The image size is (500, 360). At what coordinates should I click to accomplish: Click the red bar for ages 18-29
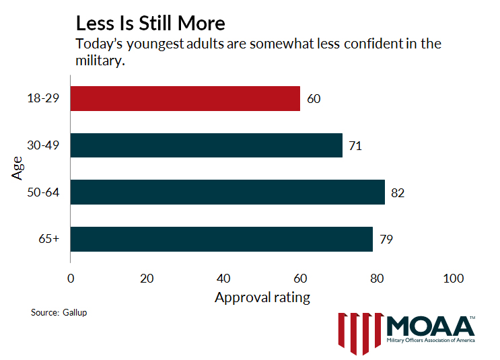point(185,98)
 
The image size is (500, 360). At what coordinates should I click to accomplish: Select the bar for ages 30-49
point(206,145)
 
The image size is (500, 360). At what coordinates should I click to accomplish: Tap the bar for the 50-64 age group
point(227,192)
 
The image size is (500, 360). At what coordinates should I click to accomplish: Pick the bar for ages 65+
point(221,239)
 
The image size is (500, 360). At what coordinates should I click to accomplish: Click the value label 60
point(314,99)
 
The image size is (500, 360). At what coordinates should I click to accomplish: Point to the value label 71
point(355,145)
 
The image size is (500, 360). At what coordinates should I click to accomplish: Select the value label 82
point(398,192)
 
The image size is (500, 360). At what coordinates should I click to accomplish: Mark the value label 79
point(386,240)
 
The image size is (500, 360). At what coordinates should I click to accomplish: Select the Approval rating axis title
point(262,297)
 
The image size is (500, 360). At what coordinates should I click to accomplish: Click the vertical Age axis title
point(18,168)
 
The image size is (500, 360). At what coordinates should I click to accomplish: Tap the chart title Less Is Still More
point(150,24)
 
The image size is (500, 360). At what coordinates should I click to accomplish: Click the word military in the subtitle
point(101,61)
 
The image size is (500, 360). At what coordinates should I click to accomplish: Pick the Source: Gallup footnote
point(59,313)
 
